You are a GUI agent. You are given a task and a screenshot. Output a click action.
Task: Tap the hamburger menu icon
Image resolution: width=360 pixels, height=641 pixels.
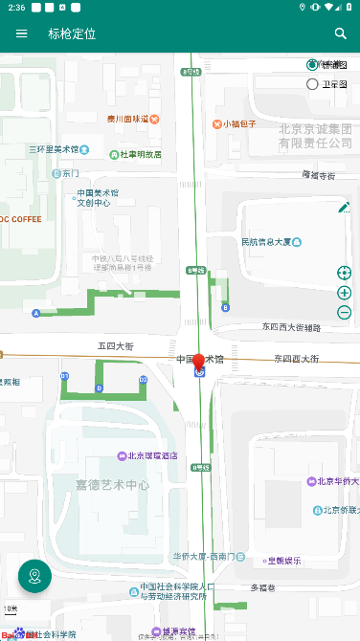22,33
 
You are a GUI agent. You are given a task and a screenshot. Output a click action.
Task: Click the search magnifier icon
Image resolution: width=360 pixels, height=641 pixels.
341,33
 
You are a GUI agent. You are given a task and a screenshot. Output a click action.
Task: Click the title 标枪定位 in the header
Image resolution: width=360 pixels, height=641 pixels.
73,33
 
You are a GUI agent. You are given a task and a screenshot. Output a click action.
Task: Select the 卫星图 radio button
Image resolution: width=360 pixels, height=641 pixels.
312,84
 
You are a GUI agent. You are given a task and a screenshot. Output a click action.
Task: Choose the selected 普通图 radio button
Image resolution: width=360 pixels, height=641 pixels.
312,65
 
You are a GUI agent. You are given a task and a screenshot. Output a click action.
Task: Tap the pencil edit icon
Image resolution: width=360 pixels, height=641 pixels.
344,208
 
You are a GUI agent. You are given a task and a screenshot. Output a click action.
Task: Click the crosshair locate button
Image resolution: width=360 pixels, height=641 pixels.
345,273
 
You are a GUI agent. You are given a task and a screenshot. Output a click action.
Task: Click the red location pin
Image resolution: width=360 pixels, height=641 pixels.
199,363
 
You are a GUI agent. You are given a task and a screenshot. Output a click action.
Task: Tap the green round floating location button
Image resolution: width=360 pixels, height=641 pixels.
35,576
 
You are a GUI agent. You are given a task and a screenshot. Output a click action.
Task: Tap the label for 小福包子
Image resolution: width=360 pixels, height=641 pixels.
239,123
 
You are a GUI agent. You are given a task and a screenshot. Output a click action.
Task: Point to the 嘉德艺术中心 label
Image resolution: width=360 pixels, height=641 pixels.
113,485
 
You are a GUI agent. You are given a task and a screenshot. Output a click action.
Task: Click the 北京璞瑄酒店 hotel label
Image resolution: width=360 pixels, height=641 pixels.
152,455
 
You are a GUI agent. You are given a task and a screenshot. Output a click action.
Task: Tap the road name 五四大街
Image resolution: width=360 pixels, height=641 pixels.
116,346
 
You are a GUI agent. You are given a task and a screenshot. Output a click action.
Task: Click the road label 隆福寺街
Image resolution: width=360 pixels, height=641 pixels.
319,175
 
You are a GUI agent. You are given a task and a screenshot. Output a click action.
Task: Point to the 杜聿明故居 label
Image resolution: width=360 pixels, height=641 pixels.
140,154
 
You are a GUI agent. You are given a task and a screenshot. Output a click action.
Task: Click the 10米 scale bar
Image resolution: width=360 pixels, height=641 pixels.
11,609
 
